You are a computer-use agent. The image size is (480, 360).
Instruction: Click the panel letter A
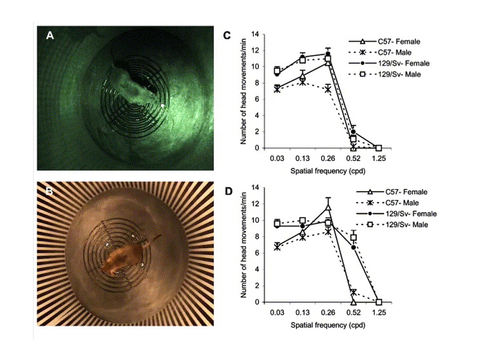pyautogui.click(x=50, y=36)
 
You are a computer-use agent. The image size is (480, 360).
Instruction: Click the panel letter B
pyautogui.click(x=49, y=191)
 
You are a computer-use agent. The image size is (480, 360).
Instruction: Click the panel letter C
pyautogui.click(x=227, y=35)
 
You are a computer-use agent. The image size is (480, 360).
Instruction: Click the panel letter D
pyautogui.click(x=228, y=191)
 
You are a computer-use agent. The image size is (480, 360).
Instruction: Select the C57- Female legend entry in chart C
pyautogui.click(x=384, y=41)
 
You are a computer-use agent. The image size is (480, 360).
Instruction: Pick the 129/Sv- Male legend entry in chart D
pyautogui.click(x=392, y=224)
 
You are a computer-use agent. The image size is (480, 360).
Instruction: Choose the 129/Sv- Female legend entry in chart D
pyautogui.click(x=396, y=214)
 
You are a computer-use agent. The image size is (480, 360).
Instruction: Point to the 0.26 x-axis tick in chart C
pyautogui.click(x=328, y=158)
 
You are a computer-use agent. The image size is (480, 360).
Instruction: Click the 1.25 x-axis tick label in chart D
pyautogui.click(x=379, y=312)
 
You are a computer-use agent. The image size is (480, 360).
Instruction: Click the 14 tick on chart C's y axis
pyautogui.click(x=255, y=34)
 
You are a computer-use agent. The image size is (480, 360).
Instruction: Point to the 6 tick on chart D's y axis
pyautogui.click(x=257, y=253)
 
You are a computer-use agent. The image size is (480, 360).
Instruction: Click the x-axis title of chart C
pyautogui.click(x=328, y=171)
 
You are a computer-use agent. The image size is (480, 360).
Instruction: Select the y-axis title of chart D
pyautogui.click(x=244, y=245)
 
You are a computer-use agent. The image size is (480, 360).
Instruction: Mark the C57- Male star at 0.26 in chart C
pyautogui.click(x=328, y=90)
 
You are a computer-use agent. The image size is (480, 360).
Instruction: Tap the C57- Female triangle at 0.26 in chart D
pyautogui.click(x=328, y=207)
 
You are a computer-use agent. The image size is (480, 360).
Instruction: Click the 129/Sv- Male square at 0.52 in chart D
pyautogui.click(x=353, y=237)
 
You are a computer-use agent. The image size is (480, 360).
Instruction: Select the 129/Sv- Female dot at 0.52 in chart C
pyautogui.click(x=353, y=132)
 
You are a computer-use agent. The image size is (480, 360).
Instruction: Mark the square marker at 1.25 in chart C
pyautogui.click(x=379, y=148)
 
